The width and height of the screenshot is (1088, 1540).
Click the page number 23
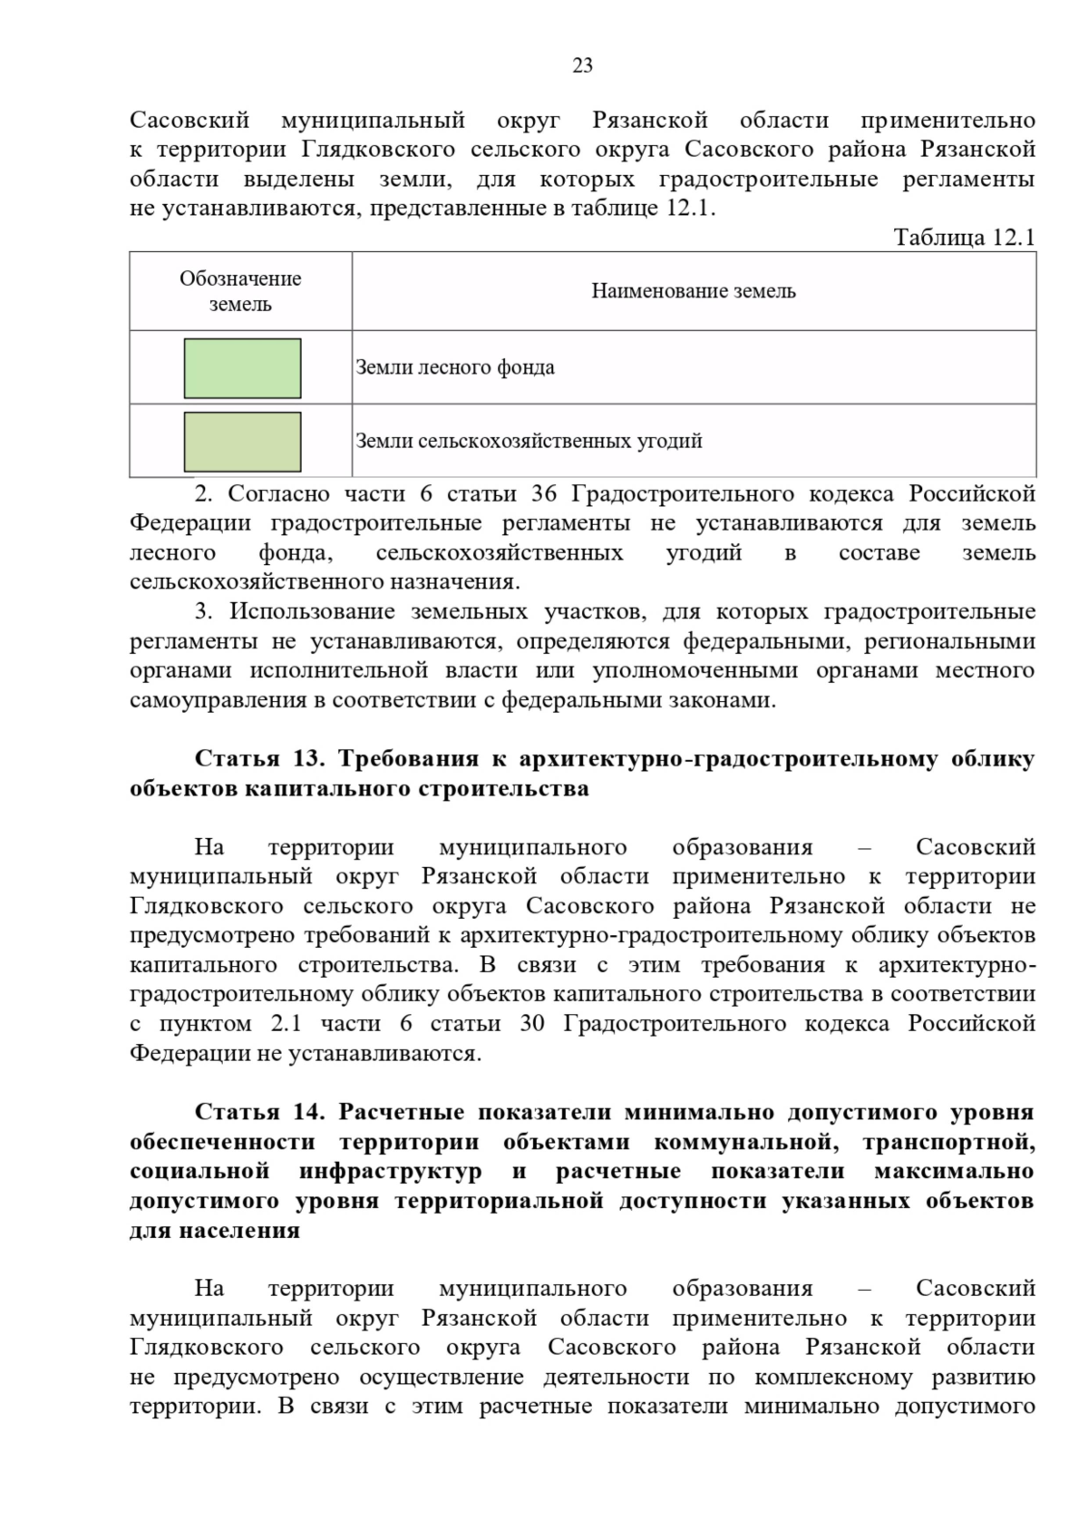point(582,65)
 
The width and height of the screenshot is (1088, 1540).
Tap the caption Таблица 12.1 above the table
point(964,238)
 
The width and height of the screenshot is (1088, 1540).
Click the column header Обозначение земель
point(240,291)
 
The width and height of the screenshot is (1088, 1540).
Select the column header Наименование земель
point(694,291)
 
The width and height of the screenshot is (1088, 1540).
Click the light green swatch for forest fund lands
point(242,368)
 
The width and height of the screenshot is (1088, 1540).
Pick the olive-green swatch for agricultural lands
point(242,442)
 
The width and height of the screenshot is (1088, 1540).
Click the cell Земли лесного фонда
point(455,368)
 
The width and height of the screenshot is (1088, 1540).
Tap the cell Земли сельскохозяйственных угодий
point(529,442)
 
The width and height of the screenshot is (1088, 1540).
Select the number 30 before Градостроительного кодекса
point(532,1024)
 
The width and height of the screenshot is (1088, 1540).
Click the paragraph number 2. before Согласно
point(203,494)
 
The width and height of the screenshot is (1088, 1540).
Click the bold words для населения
point(215,1231)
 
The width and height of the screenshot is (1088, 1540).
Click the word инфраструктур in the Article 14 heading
point(391,1172)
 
